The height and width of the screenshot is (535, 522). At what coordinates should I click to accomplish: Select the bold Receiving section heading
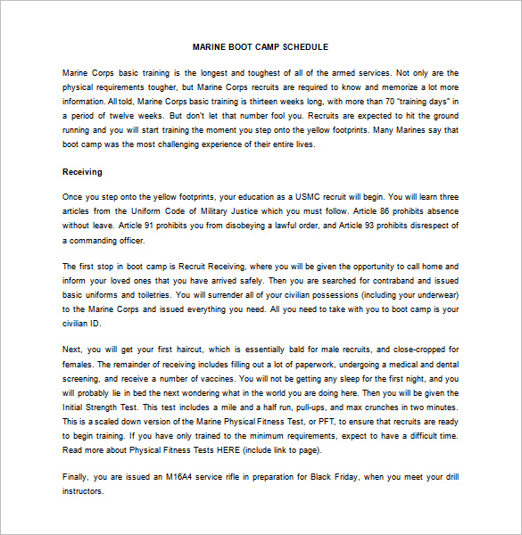[82, 171]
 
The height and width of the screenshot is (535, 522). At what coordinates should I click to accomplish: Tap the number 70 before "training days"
[389, 101]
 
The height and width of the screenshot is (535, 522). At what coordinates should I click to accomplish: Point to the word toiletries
[147, 294]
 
